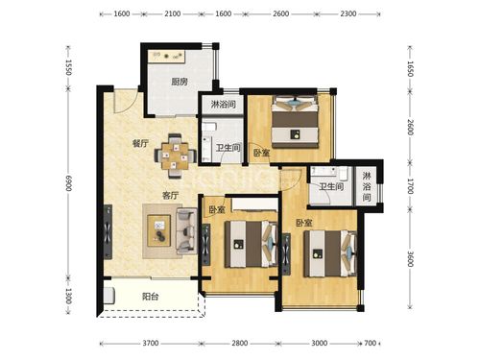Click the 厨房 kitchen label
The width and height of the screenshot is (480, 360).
180,82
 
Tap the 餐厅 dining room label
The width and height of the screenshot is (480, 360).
140,143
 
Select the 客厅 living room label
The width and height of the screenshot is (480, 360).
170,195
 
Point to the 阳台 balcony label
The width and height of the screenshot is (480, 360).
151,297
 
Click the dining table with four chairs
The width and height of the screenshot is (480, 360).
175,156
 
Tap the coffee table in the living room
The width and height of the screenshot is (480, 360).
158,230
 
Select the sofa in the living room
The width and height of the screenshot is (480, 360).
187,231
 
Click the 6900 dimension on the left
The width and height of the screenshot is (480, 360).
68,183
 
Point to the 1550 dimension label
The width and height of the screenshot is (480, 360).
68,67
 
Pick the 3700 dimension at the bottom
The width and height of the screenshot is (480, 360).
151,344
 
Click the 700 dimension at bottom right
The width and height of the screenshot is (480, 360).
371,344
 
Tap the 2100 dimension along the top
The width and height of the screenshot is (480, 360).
172,13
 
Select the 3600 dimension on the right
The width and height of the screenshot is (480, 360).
410,258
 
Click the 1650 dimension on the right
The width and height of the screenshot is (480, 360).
410,69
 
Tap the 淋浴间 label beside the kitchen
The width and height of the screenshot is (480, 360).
224,104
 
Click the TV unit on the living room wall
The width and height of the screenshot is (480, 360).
108,232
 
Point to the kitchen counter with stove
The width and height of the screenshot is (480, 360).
167,57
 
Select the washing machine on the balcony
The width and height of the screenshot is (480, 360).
109,296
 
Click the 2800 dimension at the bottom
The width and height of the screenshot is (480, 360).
240,344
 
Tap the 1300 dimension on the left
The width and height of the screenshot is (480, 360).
68,297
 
